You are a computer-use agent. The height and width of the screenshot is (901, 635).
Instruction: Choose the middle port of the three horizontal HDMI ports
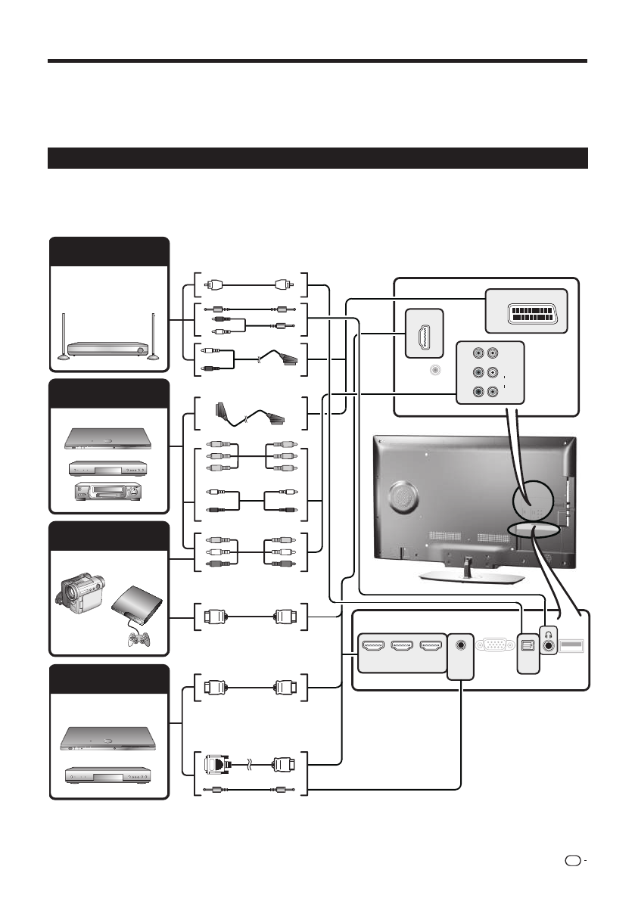400,647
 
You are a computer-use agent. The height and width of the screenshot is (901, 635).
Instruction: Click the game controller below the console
139,638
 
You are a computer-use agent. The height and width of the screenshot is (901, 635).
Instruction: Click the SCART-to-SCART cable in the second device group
250,412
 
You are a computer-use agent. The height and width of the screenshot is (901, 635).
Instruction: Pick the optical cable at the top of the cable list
251,286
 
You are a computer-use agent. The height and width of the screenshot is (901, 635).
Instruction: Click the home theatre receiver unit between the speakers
106,350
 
